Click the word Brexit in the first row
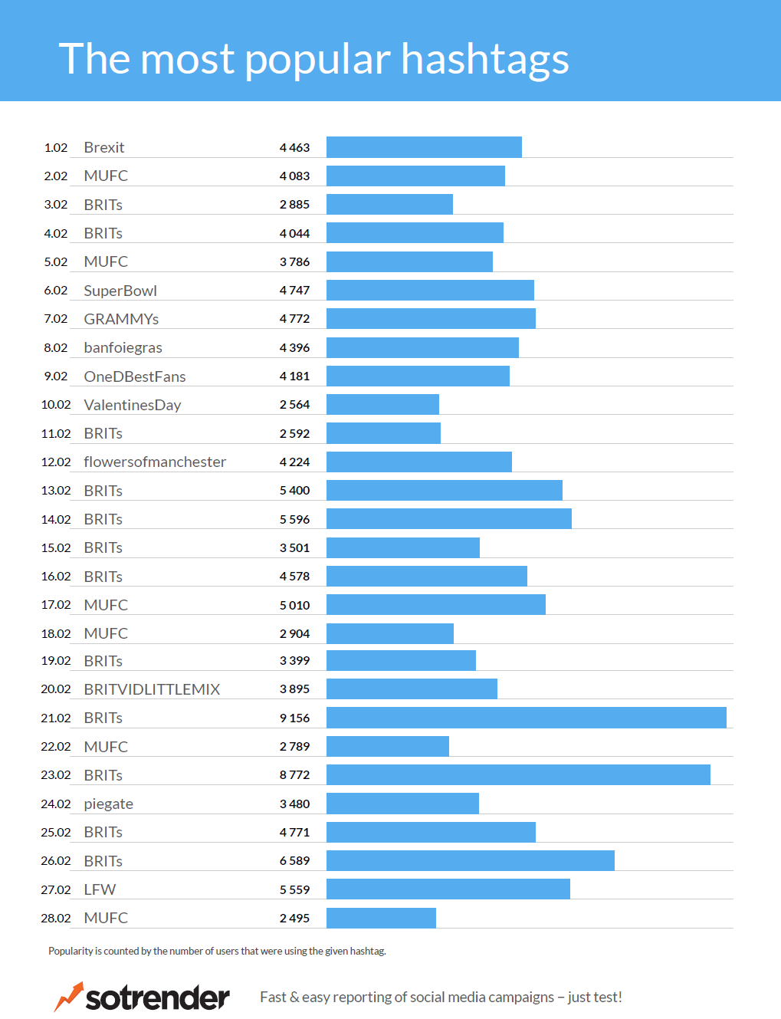coord(103,147)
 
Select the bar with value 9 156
coord(526,718)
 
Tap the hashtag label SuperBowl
coord(120,291)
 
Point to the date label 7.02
coord(56,319)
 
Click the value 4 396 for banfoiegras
coord(294,347)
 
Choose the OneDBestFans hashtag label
coord(135,376)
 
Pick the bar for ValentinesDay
coord(382,404)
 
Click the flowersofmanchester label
coord(155,462)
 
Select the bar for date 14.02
coord(448,519)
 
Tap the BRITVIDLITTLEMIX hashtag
coord(152,689)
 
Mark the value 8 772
coord(294,775)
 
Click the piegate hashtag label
coord(108,804)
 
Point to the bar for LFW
coord(448,889)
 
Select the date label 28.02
coord(56,918)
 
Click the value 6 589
coord(294,861)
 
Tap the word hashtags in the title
coord(484,60)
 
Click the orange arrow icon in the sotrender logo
coord(68,996)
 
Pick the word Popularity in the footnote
coord(71,951)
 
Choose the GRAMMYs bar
coord(431,318)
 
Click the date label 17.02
coord(56,605)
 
